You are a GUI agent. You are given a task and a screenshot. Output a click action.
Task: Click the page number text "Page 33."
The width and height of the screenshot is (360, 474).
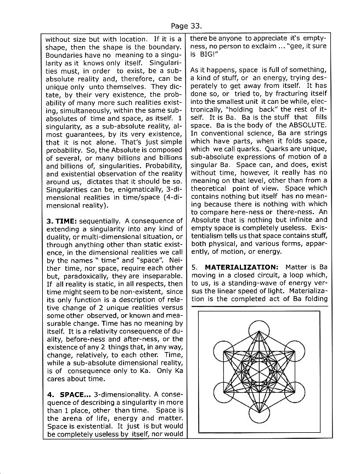[187, 25]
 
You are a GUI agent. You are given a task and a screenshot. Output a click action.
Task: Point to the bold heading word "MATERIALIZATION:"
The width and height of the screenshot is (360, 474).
[246, 267]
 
